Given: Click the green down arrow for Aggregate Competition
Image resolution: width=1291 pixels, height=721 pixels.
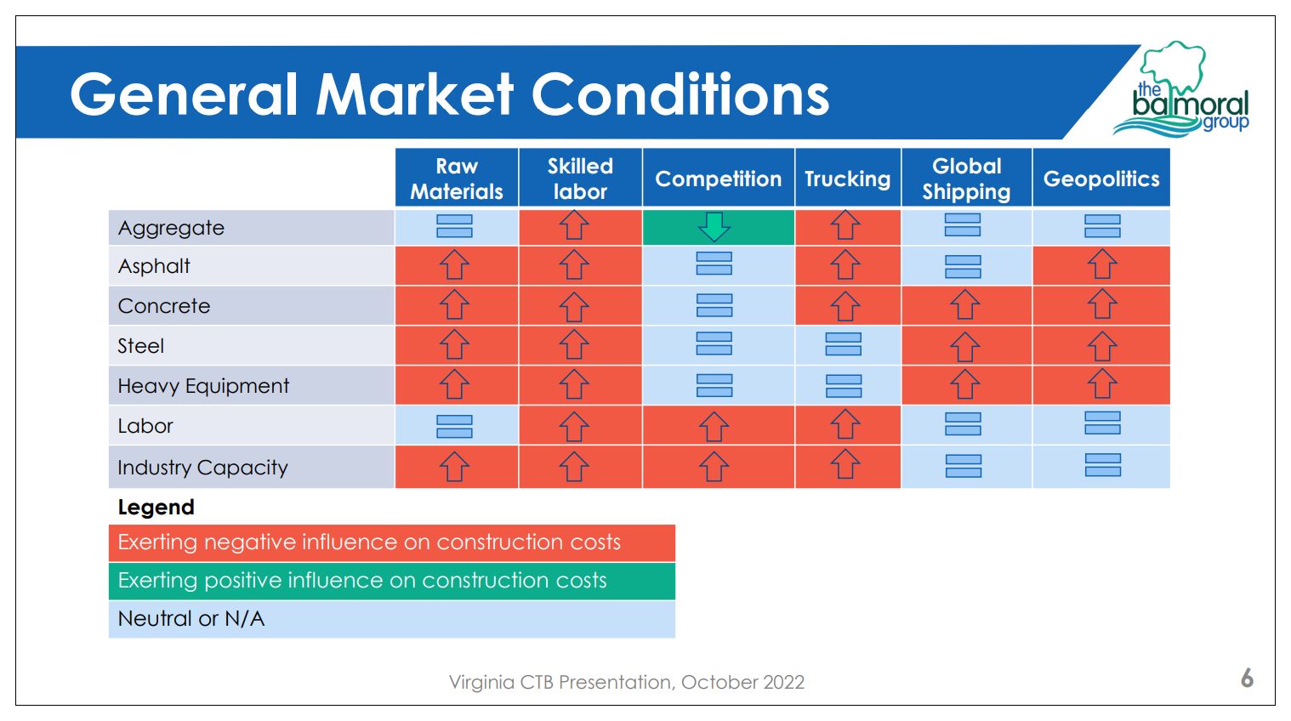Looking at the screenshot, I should coord(714,227).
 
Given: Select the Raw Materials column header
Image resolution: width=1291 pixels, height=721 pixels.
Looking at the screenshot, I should coord(457,179).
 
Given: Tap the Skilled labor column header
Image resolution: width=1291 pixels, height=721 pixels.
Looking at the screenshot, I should coord(580,179).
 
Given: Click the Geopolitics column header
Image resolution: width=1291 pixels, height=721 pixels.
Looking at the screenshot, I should coord(1101,179).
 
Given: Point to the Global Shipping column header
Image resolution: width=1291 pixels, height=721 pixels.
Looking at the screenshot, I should coord(966,179).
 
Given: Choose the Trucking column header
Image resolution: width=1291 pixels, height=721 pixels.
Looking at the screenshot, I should coord(847,179).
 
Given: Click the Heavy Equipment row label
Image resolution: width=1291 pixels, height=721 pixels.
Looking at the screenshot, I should coord(203,386).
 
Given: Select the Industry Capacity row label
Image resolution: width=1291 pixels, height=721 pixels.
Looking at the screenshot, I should coord(202,468).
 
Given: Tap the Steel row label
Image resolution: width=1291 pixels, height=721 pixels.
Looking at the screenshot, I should coord(141,346).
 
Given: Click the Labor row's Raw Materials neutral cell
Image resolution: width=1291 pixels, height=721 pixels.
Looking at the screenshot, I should coord(454,426).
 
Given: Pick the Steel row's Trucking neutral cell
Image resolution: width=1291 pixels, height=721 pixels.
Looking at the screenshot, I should coord(844,344).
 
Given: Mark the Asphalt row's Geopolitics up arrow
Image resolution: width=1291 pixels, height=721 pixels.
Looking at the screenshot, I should coord(1102,264).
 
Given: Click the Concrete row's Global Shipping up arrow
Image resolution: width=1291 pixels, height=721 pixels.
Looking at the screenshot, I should coord(964,304).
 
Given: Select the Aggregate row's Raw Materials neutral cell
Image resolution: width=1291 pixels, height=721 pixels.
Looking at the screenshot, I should coord(454,227).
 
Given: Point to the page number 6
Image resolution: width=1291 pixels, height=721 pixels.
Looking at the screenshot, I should coord(1247,678).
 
